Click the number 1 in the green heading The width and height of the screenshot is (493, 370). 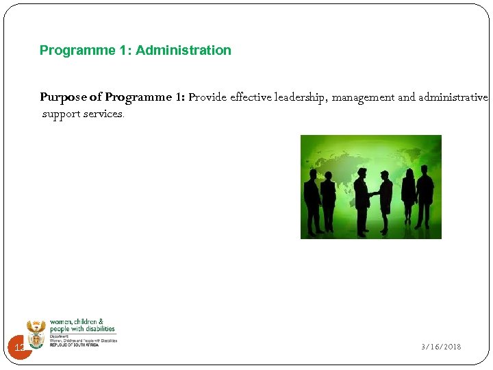tap(126, 50)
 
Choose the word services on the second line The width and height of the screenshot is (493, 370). tap(103, 114)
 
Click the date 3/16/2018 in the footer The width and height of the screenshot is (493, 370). tap(441, 347)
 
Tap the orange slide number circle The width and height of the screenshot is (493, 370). tap(20, 349)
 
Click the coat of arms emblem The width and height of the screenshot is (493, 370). tap(36, 333)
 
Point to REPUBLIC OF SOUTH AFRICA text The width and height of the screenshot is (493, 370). tap(74, 345)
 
